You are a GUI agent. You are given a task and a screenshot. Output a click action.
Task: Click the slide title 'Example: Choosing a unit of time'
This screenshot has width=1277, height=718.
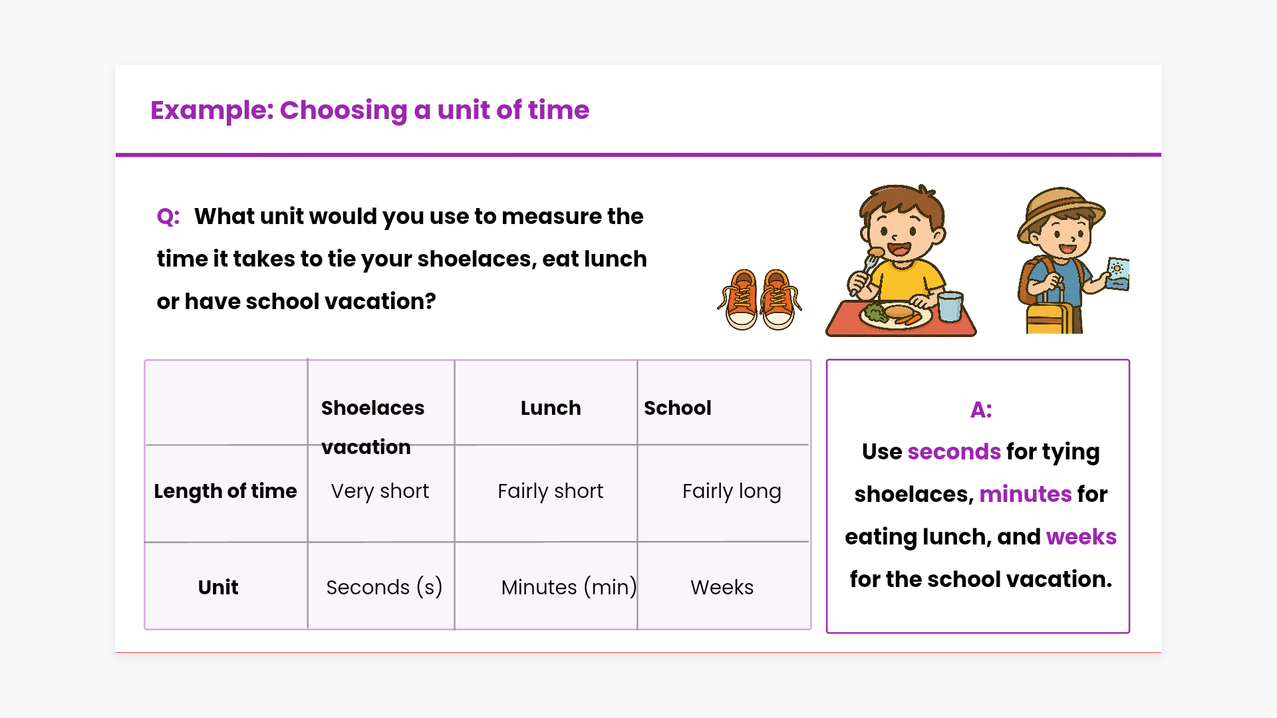point(370,110)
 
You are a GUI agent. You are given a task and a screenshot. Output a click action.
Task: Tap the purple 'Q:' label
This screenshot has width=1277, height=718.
point(168,217)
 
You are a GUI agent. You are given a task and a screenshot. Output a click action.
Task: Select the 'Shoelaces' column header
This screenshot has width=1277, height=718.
point(372,408)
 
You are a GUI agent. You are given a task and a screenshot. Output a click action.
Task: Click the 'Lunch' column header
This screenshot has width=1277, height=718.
point(551,408)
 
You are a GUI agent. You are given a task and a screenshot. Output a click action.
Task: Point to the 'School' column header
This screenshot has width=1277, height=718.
point(677,408)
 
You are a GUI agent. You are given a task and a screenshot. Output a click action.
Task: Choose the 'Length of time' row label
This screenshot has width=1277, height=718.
point(225,491)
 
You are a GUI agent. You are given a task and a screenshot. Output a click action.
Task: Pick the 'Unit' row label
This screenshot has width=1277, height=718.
point(218,587)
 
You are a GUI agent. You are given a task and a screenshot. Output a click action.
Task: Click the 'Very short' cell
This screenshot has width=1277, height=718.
point(380,491)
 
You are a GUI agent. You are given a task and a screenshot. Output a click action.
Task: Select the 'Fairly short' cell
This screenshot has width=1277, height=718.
point(550,491)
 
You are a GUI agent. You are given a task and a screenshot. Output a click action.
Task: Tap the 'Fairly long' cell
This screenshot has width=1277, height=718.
point(732,491)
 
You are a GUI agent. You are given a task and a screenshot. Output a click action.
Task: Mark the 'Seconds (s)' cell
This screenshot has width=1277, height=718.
point(384,587)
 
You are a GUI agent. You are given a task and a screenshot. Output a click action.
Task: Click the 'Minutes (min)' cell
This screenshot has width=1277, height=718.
point(569,587)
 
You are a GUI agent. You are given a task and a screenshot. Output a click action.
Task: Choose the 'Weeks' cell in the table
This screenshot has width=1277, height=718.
point(722,587)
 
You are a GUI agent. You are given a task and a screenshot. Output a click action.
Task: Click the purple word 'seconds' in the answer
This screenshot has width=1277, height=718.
point(954,452)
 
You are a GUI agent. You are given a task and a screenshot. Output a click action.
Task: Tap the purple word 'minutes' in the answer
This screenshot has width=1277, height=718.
point(1025,495)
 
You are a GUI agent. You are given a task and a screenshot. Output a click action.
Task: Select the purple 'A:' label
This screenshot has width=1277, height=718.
point(981,410)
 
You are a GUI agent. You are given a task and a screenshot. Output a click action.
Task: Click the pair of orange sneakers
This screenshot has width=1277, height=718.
point(760,300)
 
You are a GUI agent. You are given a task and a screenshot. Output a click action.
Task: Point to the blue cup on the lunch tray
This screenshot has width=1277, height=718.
point(950,306)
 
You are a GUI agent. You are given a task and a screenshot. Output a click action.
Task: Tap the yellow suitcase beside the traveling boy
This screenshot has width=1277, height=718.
point(1050,317)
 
